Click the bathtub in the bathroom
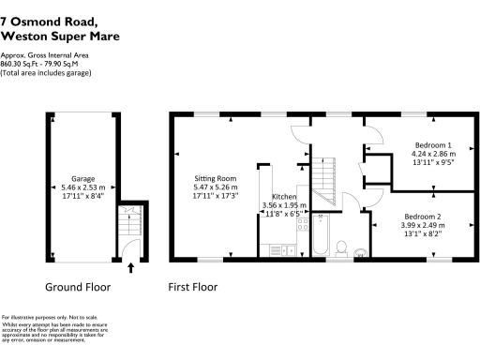pyautogui.click(x=321, y=234)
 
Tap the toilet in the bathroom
pyautogui.click(x=342, y=247)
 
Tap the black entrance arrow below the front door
pyautogui.click(x=130, y=268)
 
